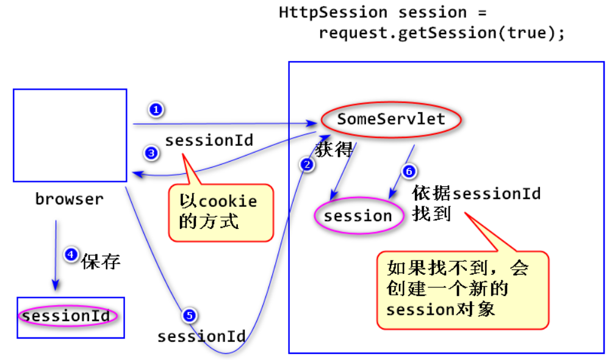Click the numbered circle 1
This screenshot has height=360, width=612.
click(156, 110)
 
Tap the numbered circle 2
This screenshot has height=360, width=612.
click(307, 164)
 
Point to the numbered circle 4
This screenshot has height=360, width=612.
click(71, 255)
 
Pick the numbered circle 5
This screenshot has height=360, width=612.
click(189, 315)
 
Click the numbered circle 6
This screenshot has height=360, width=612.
click(409, 171)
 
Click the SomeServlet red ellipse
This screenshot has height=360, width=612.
click(391, 120)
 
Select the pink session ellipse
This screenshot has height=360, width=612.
click(358, 216)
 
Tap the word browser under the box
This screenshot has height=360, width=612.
click(70, 199)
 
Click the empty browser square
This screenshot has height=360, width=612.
click(70, 135)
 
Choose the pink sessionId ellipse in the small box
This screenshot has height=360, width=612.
click(67, 316)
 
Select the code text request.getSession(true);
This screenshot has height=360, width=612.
click(442, 32)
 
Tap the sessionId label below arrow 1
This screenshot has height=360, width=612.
click(209, 140)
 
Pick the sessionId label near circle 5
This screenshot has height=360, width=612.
click(201, 336)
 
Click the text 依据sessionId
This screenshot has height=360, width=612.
click(477, 193)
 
